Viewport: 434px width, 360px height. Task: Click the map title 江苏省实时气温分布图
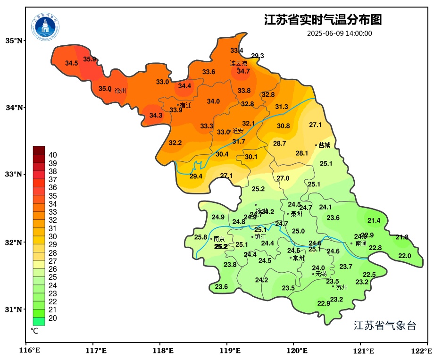point(323,20)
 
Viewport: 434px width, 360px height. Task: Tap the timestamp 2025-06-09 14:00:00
point(339,33)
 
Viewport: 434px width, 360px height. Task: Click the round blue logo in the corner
point(46,26)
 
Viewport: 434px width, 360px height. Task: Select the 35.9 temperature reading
point(90,59)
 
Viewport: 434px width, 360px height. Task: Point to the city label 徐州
point(120,91)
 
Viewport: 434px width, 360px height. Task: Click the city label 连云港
point(238,63)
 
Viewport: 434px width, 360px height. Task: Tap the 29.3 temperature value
point(258,56)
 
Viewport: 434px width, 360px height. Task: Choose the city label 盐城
point(324,145)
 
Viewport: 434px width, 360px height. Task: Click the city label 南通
point(361,244)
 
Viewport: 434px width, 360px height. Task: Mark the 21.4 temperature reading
point(374,220)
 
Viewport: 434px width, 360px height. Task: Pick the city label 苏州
point(342,287)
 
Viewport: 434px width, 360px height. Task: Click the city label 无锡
point(321,274)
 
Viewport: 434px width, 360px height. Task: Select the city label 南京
point(219,239)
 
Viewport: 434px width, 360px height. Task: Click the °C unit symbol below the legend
point(34,331)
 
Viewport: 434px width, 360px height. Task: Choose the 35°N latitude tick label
point(14,41)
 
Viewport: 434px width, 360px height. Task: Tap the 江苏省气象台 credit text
point(385,326)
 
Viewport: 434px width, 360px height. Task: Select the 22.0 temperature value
point(405,256)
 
